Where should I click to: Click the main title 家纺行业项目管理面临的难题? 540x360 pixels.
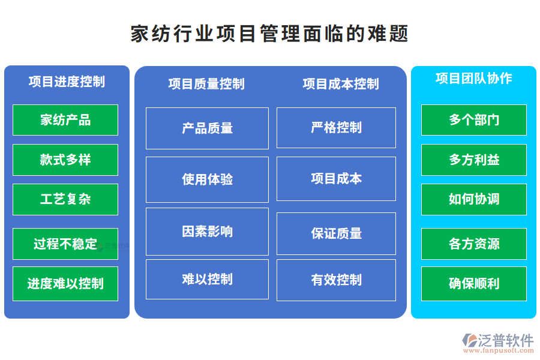[269, 34]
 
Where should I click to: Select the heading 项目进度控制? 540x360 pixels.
[67, 82]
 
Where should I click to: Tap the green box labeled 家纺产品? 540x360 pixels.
[65, 120]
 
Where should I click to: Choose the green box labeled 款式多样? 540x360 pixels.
[65, 160]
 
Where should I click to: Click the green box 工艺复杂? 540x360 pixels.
[65, 199]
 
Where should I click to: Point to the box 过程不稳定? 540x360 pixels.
[65, 244]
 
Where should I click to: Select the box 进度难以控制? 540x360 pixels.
[65, 284]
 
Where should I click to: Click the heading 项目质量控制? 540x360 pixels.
[206, 84]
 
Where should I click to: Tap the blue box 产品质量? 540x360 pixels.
[207, 128]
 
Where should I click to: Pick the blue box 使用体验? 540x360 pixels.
[207, 179]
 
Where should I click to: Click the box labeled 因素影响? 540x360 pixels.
[207, 232]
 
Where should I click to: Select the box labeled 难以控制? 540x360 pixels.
[207, 279]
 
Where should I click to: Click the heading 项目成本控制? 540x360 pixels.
[340, 84]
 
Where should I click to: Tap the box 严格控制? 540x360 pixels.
[336, 128]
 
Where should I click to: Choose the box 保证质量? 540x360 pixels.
[336, 233]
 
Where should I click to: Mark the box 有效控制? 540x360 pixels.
[336, 280]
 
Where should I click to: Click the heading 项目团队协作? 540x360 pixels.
[473, 79]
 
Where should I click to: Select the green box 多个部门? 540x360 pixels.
[473, 120]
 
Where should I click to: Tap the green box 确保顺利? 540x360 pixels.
[473, 284]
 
